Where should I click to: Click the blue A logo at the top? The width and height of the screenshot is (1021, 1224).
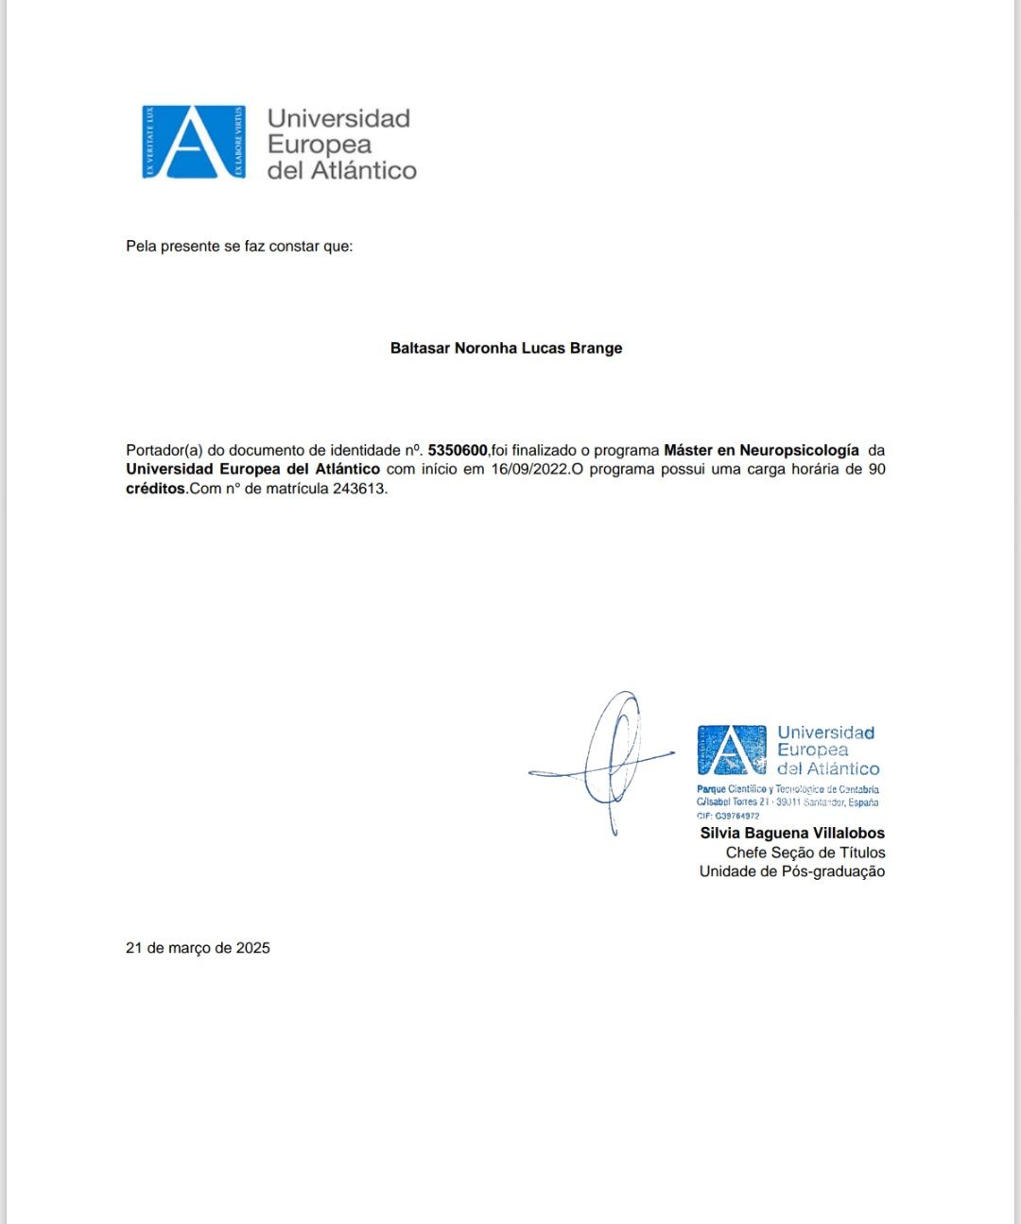click(x=194, y=142)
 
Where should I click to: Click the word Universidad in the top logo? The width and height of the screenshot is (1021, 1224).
click(x=338, y=118)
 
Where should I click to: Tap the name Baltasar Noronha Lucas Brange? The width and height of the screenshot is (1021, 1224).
click(x=506, y=348)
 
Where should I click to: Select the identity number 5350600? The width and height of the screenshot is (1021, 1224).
click(x=458, y=450)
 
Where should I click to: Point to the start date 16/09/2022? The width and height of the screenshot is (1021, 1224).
click(x=530, y=469)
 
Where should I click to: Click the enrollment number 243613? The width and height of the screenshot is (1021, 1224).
click(x=358, y=489)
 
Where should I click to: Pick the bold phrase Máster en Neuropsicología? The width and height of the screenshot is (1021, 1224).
click(x=761, y=450)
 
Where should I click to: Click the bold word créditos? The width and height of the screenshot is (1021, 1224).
click(x=155, y=489)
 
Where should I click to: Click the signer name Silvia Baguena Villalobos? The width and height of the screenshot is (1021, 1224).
click(x=792, y=833)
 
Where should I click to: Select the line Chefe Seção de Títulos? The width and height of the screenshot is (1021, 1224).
click(x=805, y=853)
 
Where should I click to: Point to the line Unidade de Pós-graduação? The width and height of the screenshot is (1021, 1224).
click(x=792, y=871)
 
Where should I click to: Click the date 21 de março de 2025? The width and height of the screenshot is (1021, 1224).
click(x=198, y=947)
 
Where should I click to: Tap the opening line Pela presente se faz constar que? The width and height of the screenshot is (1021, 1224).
click(x=239, y=246)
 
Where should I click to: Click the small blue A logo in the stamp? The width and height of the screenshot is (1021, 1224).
click(x=731, y=750)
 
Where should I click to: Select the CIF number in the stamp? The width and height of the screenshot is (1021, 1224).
click(x=728, y=816)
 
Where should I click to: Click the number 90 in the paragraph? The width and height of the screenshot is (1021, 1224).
click(x=876, y=469)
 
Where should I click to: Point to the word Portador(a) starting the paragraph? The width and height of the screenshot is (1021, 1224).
click(x=164, y=450)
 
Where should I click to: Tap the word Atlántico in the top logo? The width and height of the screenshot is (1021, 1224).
click(x=364, y=170)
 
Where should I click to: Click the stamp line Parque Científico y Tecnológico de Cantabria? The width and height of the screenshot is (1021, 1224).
click(x=787, y=789)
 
